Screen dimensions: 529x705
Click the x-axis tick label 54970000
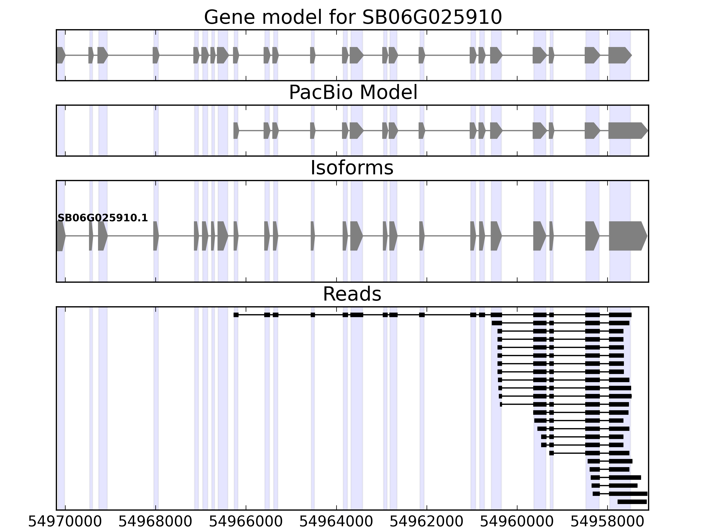[x=65, y=522]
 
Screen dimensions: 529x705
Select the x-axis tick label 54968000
[x=155, y=522]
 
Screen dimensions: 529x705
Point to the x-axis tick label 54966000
[x=246, y=522]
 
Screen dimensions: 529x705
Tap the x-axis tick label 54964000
[x=336, y=522]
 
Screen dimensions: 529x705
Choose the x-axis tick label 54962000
[x=427, y=522]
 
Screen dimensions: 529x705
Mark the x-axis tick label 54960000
[x=517, y=522]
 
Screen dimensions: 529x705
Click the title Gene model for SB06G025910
[x=353, y=17]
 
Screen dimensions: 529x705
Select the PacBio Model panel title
[x=353, y=93]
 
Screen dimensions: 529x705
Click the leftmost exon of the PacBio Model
[x=236, y=130]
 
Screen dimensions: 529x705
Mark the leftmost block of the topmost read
[x=236, y=315]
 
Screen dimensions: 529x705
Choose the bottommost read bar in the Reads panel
[x=632, y=502]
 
